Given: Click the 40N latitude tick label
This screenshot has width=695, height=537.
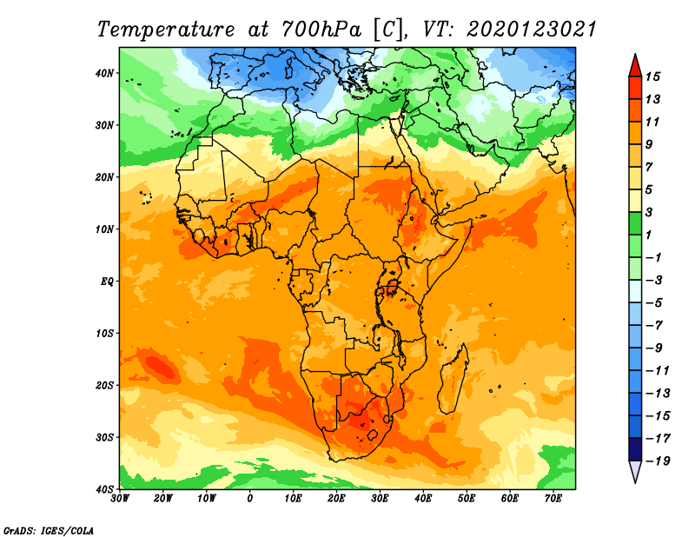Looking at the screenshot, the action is pyautogui.click(x=104, y=73).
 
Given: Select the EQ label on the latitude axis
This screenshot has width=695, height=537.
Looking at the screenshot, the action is pyautogui.click(x=107, y=282).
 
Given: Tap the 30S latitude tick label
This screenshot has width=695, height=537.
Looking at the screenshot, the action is pyautogui.click(x=104, y=438).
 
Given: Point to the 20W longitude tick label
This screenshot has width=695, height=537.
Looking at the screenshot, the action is pyautogui.click(x=162, y=499).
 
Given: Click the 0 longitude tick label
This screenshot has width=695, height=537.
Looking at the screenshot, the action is pyautogui.click(x=250, y=499).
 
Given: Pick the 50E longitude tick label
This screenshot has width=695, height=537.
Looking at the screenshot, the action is pyautogui.click(x=467, y=499).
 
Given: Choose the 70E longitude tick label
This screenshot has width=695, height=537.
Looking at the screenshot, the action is pyautogui.click(x=553, y=499).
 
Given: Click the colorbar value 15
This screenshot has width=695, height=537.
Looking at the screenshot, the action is pyautogui.click(x=652, y=76).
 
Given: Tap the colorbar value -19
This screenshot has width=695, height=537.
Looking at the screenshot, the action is pyautogui.click(x=658, y=461).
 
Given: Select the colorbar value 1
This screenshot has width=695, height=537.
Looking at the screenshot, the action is pyautogui.click(x=649, y=235).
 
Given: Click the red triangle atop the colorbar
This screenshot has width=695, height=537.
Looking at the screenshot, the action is pyautogui.click(x=635, y=66).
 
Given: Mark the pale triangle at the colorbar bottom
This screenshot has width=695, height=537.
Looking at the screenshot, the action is pyautogui.click(x=635, y=471).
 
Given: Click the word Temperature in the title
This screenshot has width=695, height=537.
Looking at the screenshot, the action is pyautogui.click(x=166, y=30).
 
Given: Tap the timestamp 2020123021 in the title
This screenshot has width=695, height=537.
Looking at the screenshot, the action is pyautogui.click(x=532, y=30).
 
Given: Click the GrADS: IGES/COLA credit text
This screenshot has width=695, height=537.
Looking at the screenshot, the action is pyautogui.click(x=49, y=531).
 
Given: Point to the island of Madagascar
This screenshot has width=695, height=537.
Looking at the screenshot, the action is pyautogui.click(x=453, y=379).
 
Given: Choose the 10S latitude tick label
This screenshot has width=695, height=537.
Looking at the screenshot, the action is pyautogui.click(x=104, y=334).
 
